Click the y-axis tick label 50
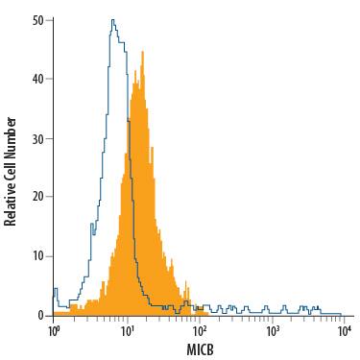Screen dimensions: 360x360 [37, 19]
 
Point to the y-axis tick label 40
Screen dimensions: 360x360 [37, 79]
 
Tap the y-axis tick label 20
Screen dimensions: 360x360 [37, 197]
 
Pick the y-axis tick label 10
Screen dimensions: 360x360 [37, 256]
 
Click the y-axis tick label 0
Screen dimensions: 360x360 [40, 315]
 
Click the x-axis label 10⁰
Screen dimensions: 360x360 [54, 331]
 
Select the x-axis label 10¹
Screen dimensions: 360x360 [127, 331]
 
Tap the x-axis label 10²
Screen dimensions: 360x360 [200, 331]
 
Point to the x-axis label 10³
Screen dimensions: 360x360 [273, 331]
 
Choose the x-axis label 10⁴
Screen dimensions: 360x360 [345, 331]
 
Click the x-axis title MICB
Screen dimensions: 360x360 [200, 349]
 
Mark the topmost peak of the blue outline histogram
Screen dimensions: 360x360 [112, 19]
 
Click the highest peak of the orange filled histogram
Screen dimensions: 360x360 [141, 54]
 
